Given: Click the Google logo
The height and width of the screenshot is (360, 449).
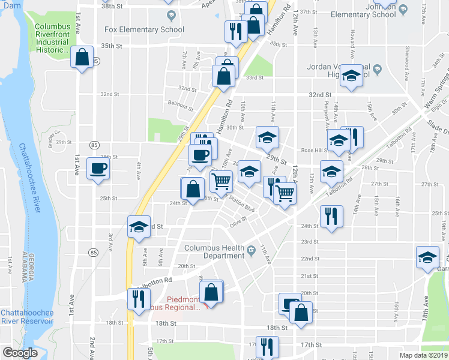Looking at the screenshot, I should [19, 353].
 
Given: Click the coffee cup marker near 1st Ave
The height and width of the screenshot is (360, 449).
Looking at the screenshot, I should [98, 168].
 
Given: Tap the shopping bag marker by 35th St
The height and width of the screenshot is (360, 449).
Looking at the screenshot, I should [82, 58].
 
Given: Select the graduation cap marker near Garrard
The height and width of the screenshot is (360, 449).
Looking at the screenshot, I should [427, 257].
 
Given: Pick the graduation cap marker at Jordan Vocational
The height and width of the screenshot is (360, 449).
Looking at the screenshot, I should [351, 76].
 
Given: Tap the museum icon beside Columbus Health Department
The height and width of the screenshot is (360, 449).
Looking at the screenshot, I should [251, 249].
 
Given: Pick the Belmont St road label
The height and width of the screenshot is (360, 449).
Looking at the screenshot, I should [181, 103].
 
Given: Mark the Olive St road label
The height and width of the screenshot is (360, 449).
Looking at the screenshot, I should [238, 226].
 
